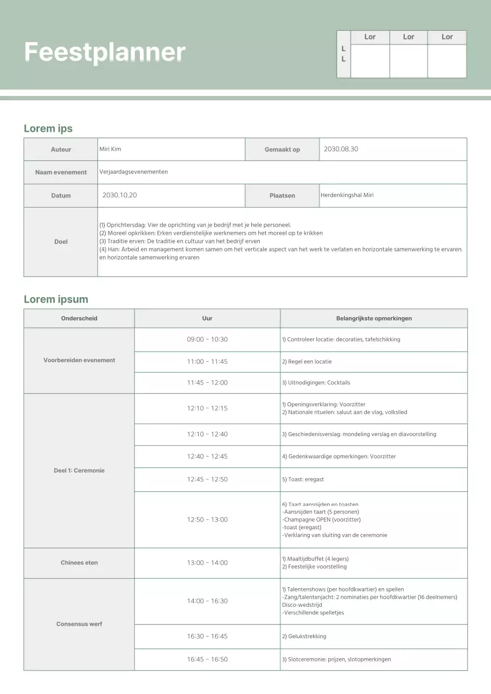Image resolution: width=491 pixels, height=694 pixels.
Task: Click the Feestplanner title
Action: coord(105,53)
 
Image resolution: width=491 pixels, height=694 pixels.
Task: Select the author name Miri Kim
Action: coord(110,149)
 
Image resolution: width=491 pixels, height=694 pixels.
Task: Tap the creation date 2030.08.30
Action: coord(341,149)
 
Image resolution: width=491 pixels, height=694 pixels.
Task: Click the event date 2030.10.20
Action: coord(119,195)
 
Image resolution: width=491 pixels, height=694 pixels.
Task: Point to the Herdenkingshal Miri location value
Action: coord(347,195)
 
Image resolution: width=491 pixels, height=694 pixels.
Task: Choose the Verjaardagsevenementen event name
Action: coord(133,172)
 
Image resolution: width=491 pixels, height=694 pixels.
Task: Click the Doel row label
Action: coord(61,242)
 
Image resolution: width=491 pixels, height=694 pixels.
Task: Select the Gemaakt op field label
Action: coord(282,150)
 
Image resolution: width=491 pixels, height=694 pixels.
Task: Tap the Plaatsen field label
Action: coord(282,196)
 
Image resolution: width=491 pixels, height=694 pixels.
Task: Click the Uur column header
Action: coord(207,318)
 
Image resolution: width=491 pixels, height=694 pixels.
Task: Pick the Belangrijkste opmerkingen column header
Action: coord(374,318)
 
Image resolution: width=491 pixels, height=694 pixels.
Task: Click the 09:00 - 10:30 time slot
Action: coord(207,339)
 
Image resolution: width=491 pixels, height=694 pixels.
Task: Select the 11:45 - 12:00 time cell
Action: coord(207,383)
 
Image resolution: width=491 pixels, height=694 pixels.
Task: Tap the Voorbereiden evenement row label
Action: coord(79,360)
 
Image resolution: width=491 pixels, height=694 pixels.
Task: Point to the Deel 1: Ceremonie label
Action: coord(79,471)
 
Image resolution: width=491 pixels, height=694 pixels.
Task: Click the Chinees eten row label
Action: coord(79,563)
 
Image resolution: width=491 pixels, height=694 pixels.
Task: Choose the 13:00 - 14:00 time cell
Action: coord(207,563)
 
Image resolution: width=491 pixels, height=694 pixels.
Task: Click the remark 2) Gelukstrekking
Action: coord(304,637)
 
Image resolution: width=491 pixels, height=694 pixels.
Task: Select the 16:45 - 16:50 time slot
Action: coord(207,659)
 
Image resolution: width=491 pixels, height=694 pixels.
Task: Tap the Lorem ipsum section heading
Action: coord(56,299)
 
